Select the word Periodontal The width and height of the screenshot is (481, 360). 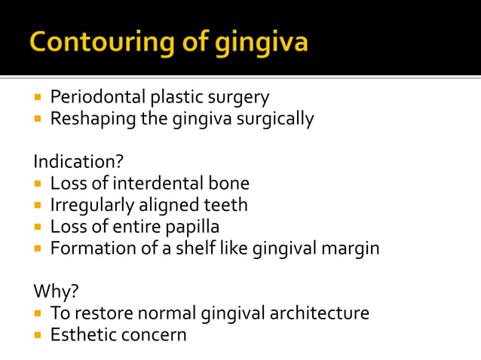click(x=97, y=97)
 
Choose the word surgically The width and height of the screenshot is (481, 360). click(x=274, y=118)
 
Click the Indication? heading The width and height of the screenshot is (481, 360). click(x=78, y=162)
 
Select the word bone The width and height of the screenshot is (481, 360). click(x=229, y=183)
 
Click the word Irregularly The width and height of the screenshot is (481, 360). click(x=91, y=205)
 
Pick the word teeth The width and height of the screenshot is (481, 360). click(x=225, y=205)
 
